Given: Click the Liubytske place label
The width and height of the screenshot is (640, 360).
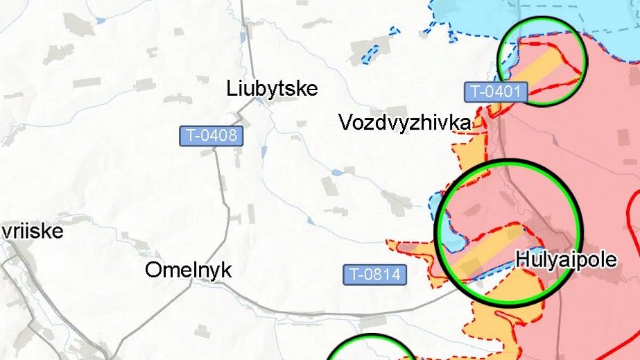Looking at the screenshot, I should pos(272,89).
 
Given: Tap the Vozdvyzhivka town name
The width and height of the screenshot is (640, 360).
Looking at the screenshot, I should pos(405,123).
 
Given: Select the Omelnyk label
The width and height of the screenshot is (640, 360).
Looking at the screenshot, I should pos(188,270).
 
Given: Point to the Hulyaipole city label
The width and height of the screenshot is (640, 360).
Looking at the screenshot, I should pos(566,260).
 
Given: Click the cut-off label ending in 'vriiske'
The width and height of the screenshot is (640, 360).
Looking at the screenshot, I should pos(32,230).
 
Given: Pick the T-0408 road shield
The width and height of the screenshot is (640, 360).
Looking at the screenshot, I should pos(211,135).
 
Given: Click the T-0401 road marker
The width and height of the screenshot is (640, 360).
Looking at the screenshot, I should pos(496,91).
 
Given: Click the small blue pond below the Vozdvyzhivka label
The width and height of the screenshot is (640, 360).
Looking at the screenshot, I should pos(337,172).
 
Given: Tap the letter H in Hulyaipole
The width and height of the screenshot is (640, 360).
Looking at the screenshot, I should pos(521,260).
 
